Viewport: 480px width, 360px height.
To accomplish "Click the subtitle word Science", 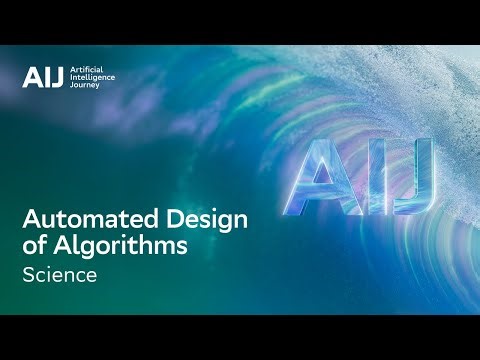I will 60,276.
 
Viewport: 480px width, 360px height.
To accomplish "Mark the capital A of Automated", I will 31,221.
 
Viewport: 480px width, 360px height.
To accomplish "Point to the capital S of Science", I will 29,276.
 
